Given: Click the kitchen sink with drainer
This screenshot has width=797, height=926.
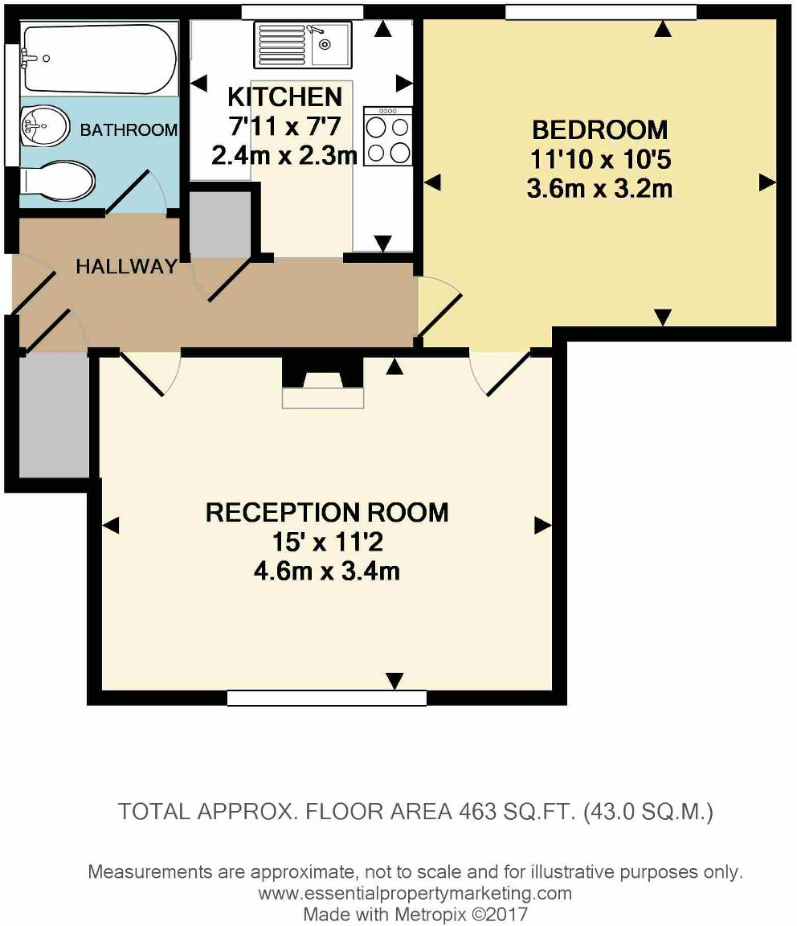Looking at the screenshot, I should pyautogui.click(x=302, y=44).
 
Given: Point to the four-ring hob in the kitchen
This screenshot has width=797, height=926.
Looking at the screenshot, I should pyautogui.click(x=388, y=137).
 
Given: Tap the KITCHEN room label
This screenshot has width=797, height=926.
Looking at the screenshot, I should pyautogui.click(x=285, y=97).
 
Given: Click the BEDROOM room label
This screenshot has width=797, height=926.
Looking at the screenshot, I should pyautogui.click(x=599, y=129).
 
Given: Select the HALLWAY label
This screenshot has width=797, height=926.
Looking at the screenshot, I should pyautogui.click(x=126, y=267).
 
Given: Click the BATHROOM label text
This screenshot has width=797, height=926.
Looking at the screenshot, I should pyautogui.click(x=129, y=130).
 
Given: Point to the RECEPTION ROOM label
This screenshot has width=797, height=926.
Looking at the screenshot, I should pyautogui.click(x=327, y=512).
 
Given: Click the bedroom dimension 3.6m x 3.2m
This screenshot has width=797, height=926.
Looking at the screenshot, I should pyautogui.click(x=599, y=190).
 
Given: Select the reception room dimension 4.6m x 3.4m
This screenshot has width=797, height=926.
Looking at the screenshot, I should pyautogui.click(x=327, y=572).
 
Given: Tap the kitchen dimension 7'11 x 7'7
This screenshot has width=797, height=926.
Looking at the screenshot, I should pyautogui.click(x=285, y=126).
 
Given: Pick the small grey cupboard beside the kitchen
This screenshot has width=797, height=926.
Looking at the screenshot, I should pyautogui.click(x=220, y=224).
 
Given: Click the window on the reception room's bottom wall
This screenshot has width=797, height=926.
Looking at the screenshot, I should pyautogui.click(x=326, y=698).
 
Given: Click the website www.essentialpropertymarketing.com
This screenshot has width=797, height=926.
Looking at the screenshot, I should pyautogui.click(x=415, y=893).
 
